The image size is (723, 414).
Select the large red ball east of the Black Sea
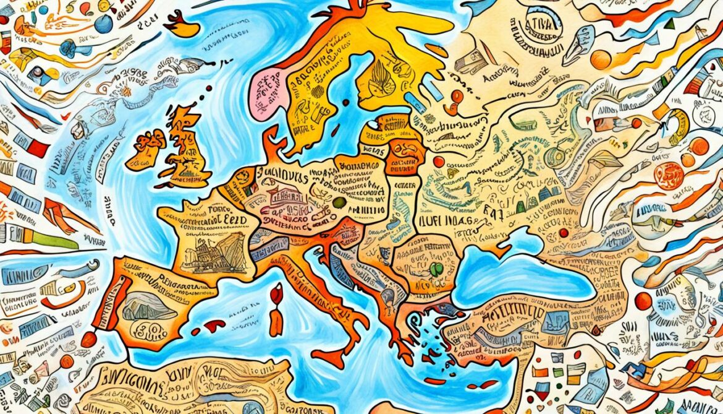tap(643, 301)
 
